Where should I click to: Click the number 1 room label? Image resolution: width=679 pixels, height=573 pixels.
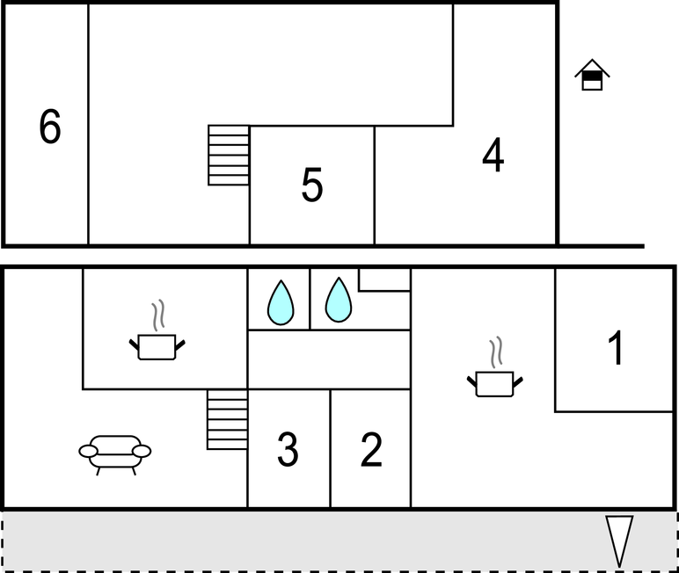coord(617,348)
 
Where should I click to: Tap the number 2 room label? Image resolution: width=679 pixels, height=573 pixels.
coord(371,449)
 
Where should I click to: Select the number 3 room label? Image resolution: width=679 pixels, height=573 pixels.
coord(288,449)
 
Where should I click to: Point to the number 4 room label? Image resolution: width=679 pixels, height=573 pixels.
coord(493,156)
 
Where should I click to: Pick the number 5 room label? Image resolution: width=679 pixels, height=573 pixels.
coord(312,185)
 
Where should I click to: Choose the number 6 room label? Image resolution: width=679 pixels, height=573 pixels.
coord(50,127)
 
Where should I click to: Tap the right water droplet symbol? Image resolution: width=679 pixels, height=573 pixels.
coord(338,301)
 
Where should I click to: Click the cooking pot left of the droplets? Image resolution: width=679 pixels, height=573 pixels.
coord(159,345)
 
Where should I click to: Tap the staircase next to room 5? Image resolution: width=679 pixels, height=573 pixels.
coord(229,156)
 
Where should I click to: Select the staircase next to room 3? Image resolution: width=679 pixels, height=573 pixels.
coord(227,420)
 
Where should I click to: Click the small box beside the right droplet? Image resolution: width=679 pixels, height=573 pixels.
coord(384,279)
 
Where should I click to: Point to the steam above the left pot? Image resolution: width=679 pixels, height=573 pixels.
coord(158,315)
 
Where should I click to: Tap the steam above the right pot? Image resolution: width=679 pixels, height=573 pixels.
coord(495,352)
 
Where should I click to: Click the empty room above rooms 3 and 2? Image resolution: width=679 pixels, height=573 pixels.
coord(329,359)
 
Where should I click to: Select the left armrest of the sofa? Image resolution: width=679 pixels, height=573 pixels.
coord(88,451)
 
